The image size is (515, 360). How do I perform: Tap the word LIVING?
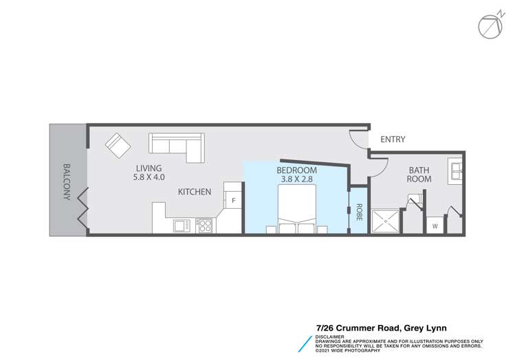point(149,168)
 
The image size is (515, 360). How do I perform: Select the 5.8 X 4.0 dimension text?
point(149,177)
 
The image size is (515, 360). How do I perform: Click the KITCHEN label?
point(195,192)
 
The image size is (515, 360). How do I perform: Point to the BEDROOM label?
point(296,170)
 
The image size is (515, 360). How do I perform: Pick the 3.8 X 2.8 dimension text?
point(296,179)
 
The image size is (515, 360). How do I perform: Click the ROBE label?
point(359,211)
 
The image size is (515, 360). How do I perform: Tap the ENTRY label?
point(393,139)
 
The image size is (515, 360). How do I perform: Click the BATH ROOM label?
point(419,174)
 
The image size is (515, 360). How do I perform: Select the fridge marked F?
point(234,200)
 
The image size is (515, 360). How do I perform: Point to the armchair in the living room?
point(117,145)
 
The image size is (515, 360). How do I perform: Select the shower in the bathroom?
point(386,222)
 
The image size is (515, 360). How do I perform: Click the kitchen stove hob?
point(204,225)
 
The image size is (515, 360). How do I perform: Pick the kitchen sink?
point(182,225)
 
